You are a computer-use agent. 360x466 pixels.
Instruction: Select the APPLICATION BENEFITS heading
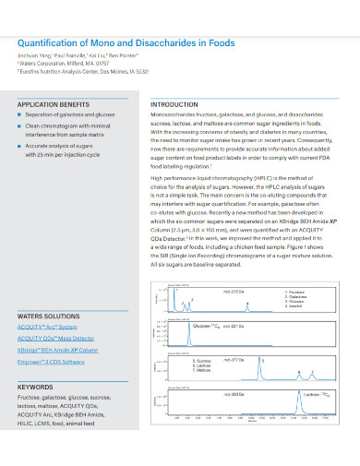pyautogui.click(x=55, y=106)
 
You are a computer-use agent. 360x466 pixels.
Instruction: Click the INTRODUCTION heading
pyautogui.click(x=174, y=106)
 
